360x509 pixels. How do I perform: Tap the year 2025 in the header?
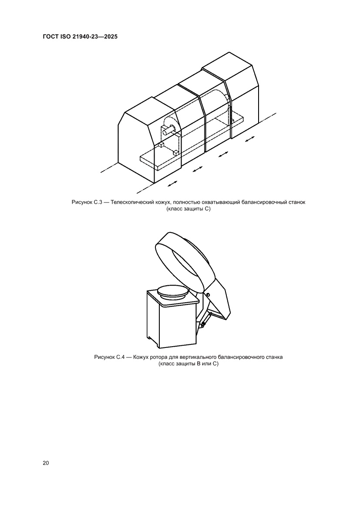pos(111,37)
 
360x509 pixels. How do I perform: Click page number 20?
pos(46,463)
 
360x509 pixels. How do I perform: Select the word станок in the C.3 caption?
pos(297,202)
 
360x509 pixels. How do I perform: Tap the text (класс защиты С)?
pos(188,209)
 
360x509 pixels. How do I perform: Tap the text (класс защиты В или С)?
pos(188,364)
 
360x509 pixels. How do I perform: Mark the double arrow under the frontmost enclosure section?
pos(173,184)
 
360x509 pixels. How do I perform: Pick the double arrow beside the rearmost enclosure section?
pos(249,140)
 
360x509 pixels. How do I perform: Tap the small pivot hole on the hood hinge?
pos(208,294)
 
